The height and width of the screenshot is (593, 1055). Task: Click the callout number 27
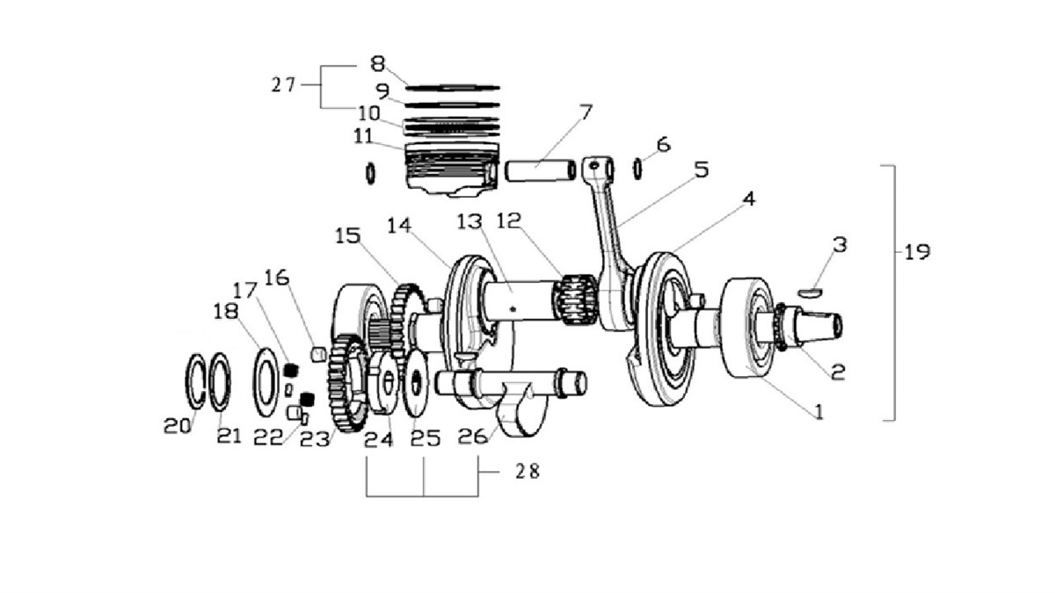283,84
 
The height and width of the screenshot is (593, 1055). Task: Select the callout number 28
527,471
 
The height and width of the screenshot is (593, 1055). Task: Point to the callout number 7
585,112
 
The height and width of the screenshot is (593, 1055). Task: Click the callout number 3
840,245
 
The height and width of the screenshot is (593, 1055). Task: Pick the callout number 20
177,426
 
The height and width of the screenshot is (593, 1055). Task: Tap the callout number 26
472,437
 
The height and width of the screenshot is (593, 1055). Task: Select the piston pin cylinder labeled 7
540,170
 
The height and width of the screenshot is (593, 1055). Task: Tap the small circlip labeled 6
637,169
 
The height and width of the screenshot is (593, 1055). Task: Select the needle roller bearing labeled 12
577,300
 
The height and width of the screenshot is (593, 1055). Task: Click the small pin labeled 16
319,354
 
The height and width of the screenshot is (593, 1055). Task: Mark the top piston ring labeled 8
453,88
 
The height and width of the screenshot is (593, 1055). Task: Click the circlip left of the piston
371,174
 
